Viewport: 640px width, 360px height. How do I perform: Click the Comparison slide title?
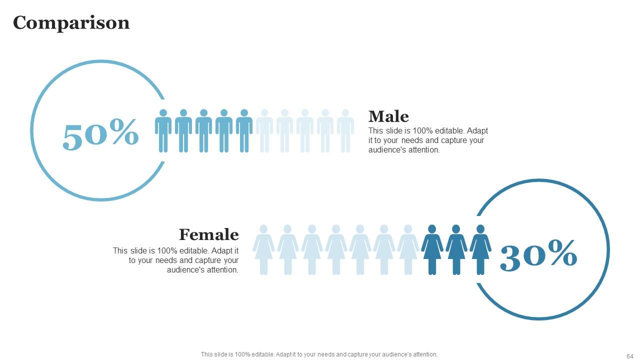click(x=71, y=22)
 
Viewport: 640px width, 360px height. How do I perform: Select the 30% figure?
click(x=538, y=254)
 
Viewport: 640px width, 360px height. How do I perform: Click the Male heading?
click(x=388, y=116)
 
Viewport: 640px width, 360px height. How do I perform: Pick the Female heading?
click(x=208, y=234)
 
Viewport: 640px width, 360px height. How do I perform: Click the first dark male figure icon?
click(x=163, y=131)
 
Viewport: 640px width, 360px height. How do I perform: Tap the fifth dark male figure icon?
click(x=244, y=131)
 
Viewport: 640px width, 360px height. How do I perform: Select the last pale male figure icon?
click(x=345, y=131)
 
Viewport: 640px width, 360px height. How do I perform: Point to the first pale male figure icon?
click(x=264, y=131)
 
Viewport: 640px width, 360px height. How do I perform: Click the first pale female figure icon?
click(x=263, y=250)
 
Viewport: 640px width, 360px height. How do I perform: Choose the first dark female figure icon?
click(x=432, y=250)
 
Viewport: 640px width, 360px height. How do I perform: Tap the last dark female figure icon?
click(x=480, y=250)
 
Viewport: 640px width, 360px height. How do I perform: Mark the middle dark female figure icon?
click(x=456, y=250)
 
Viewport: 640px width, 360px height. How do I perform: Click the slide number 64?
click(x=629, y=356)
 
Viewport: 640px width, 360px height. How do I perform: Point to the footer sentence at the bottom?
click(x=319, y=354)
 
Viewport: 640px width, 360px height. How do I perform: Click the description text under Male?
click(x=428, y=140)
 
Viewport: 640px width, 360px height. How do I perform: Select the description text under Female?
click(x=176, y=260)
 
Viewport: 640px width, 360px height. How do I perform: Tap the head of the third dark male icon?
click(x=203, y=113)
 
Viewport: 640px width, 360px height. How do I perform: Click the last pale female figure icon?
click(x=408, y=250)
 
